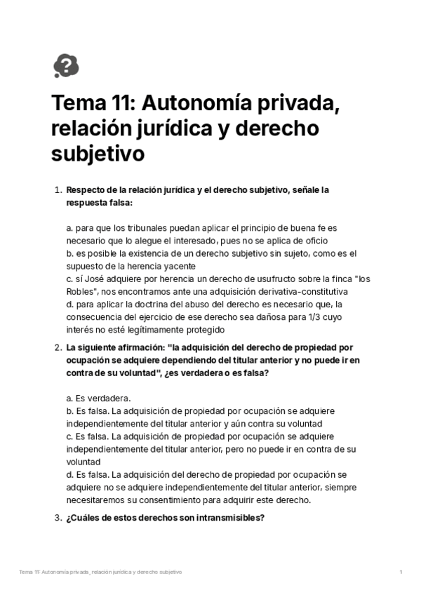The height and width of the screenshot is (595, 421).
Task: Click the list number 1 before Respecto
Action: [58, 190]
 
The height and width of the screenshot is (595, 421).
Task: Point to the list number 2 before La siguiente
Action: [58, 347]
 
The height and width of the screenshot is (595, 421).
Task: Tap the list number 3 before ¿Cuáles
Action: [58, 519]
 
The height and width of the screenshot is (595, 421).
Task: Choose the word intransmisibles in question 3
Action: [222, 519]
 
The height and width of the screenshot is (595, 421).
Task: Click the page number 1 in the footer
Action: [400, 573]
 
